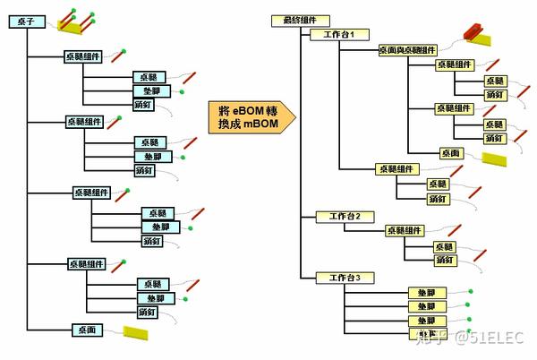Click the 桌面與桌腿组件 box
(x=407, y=49)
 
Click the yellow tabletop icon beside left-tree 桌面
(x=136, y=333)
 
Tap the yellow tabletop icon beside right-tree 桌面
(x=495, y=158)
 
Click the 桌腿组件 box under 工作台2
(x=407, y=231)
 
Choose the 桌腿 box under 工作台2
(x=445, y=246)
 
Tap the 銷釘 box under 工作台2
(x=445, y=260)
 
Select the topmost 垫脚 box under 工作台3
(x=426, y=293)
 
